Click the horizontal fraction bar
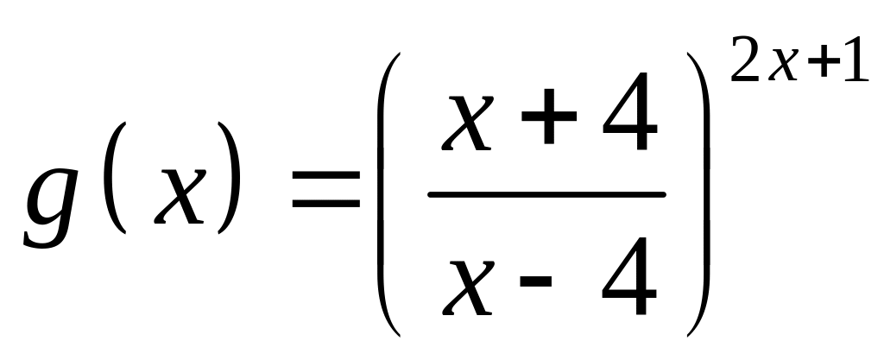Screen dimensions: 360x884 click(546, 194)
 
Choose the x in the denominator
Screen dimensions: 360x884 click(471, 285)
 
